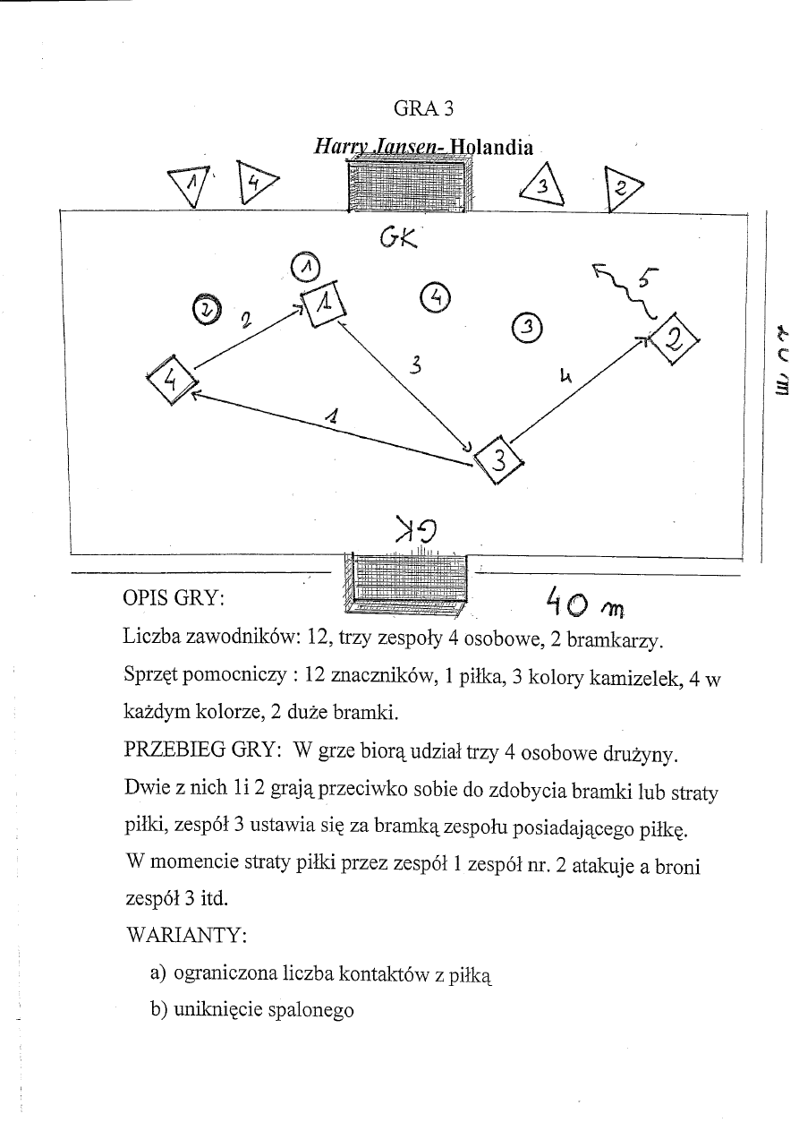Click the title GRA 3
(424, 108)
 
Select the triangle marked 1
(191, 184)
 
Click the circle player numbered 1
(306, 267)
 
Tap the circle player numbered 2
(207, 309)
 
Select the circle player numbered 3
(527, 327)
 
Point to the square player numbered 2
(675, 339)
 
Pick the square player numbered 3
(499, 460)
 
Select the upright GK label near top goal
(400, 238)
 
